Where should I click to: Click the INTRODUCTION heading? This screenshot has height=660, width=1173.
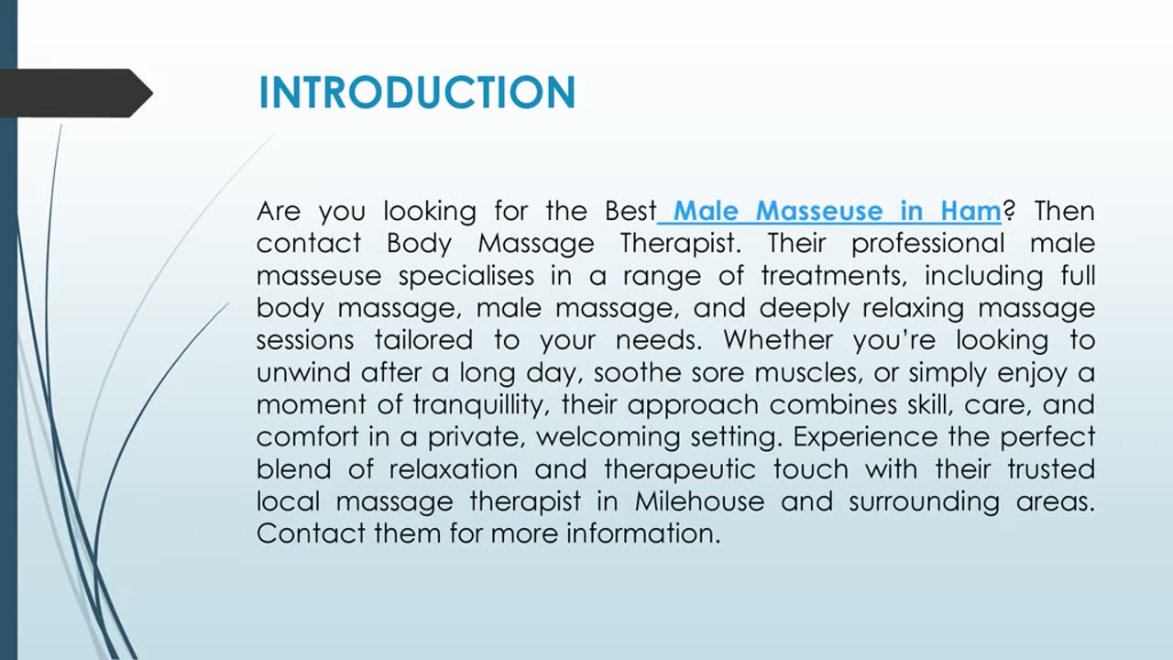pos(417,93)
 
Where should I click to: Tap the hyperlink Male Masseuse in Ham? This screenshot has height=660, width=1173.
pos(836,212)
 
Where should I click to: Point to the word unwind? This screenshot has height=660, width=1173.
pos(303,373)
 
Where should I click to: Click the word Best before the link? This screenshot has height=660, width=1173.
pos(630,212)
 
